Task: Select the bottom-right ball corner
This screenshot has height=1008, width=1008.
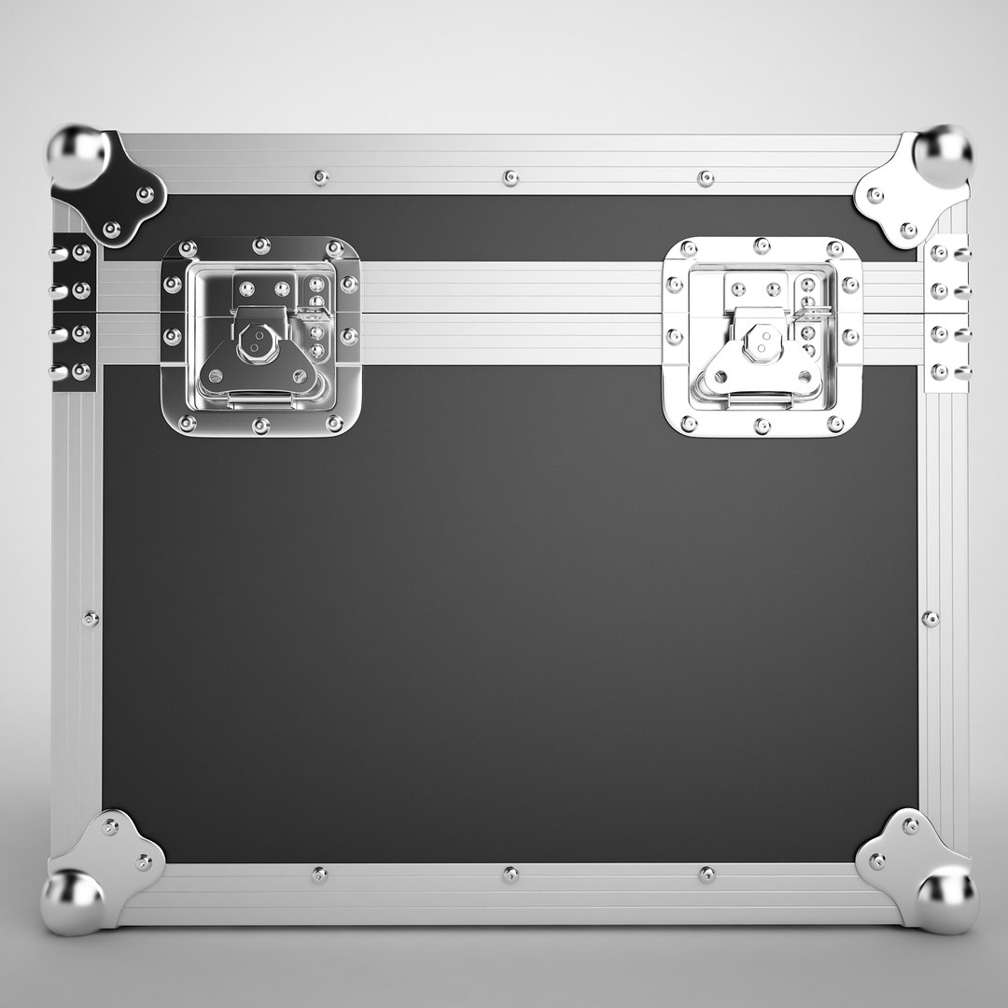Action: tap(946, 897)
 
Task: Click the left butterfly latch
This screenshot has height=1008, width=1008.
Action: tap(260, 336)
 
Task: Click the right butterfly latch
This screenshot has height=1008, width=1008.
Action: tap(762, 336)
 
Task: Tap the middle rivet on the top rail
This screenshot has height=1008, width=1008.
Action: tap(510, 177)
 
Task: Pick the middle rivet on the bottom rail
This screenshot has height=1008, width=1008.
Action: tap(510, 875)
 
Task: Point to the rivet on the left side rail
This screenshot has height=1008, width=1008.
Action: tap(91, 618)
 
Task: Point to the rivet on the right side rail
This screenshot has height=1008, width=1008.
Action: tap(930, 618)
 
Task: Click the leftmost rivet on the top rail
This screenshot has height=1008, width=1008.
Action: tap(320, 176)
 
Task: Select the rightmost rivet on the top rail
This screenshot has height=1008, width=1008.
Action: tap(706, 177)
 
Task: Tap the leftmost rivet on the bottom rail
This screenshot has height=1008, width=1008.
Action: tap(319, 874)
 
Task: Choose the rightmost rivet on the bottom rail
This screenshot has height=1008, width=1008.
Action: tap(707, 875)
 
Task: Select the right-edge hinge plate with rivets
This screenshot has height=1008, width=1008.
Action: tap(948, 312)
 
